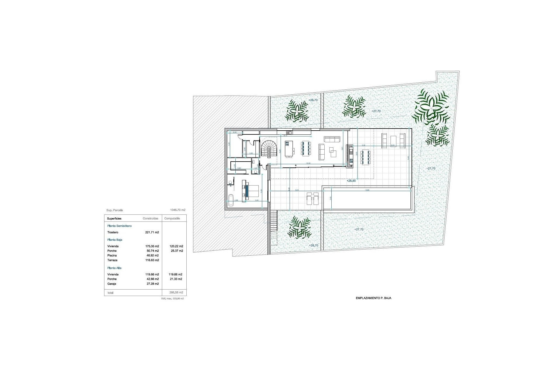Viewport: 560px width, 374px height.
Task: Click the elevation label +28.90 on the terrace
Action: pyautogui.click(x=351, y=181)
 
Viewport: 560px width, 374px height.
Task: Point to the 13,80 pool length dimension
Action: pyautogui.click(x=367, y=190)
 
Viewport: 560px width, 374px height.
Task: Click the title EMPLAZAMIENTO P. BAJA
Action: pyautogui.click(x=373, y=298)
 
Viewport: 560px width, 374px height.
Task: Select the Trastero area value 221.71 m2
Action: pyautogui.click(x=152, y=233)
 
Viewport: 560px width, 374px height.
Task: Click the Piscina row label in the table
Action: pyautogui.click(x=112, y=256)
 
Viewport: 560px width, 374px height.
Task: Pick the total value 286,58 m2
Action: pyautogui.click(x=176, y=292)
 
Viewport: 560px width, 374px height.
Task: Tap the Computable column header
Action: pyautogui.click(x=172, y=219)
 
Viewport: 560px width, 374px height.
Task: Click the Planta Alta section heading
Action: pyautogui.click(x=114, y=268)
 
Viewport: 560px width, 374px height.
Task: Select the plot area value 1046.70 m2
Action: pyautogui.click(x=178, y=210)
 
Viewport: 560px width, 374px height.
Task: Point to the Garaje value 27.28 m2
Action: pyautogui.click(x=152, y=284)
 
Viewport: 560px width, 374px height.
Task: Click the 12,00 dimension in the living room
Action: pyautogui.click(x=308, y=163)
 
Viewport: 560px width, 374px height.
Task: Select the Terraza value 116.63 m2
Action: pyautogui.click(x=152, y=260)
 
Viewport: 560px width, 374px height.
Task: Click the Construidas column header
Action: pyautogui.click(x=150, y=219)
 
